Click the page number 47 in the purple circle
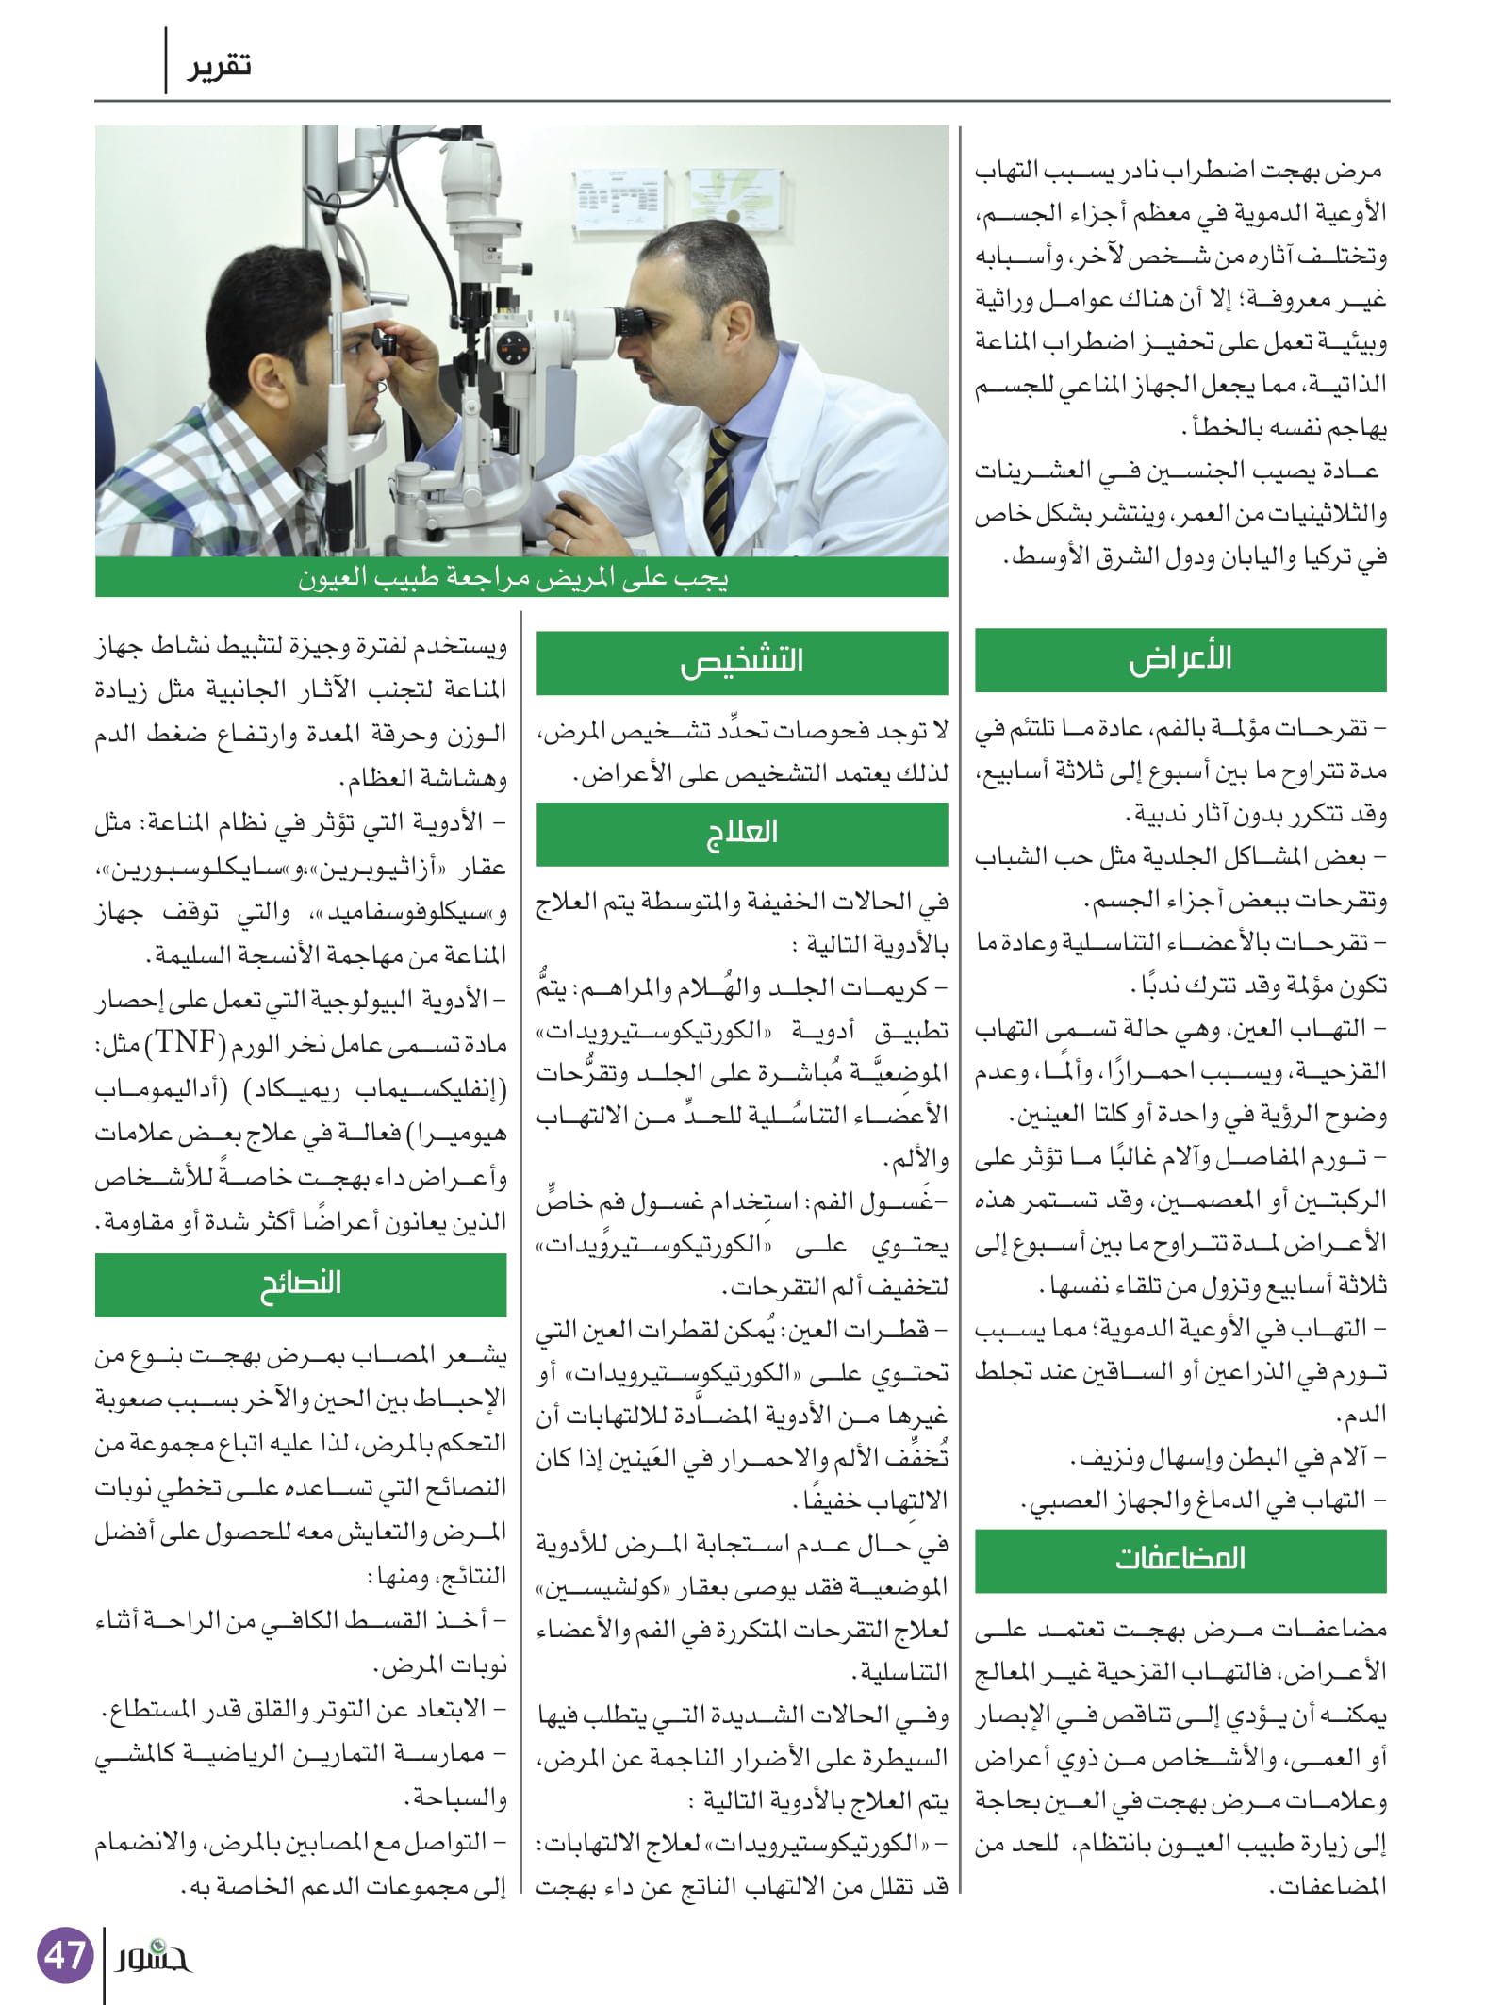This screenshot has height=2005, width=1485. pos(65,1954)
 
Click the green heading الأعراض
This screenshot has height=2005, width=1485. pos(1180,659)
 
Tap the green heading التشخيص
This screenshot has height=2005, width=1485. pos(742,662)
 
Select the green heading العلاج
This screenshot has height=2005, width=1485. pos(742,833)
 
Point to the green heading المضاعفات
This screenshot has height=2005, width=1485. pos(1180,1560)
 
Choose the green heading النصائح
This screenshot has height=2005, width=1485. pos(300,1284)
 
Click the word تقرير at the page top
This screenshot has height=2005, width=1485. pos(218,66)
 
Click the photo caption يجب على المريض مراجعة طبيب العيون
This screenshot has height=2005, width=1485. pos(514,577)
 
